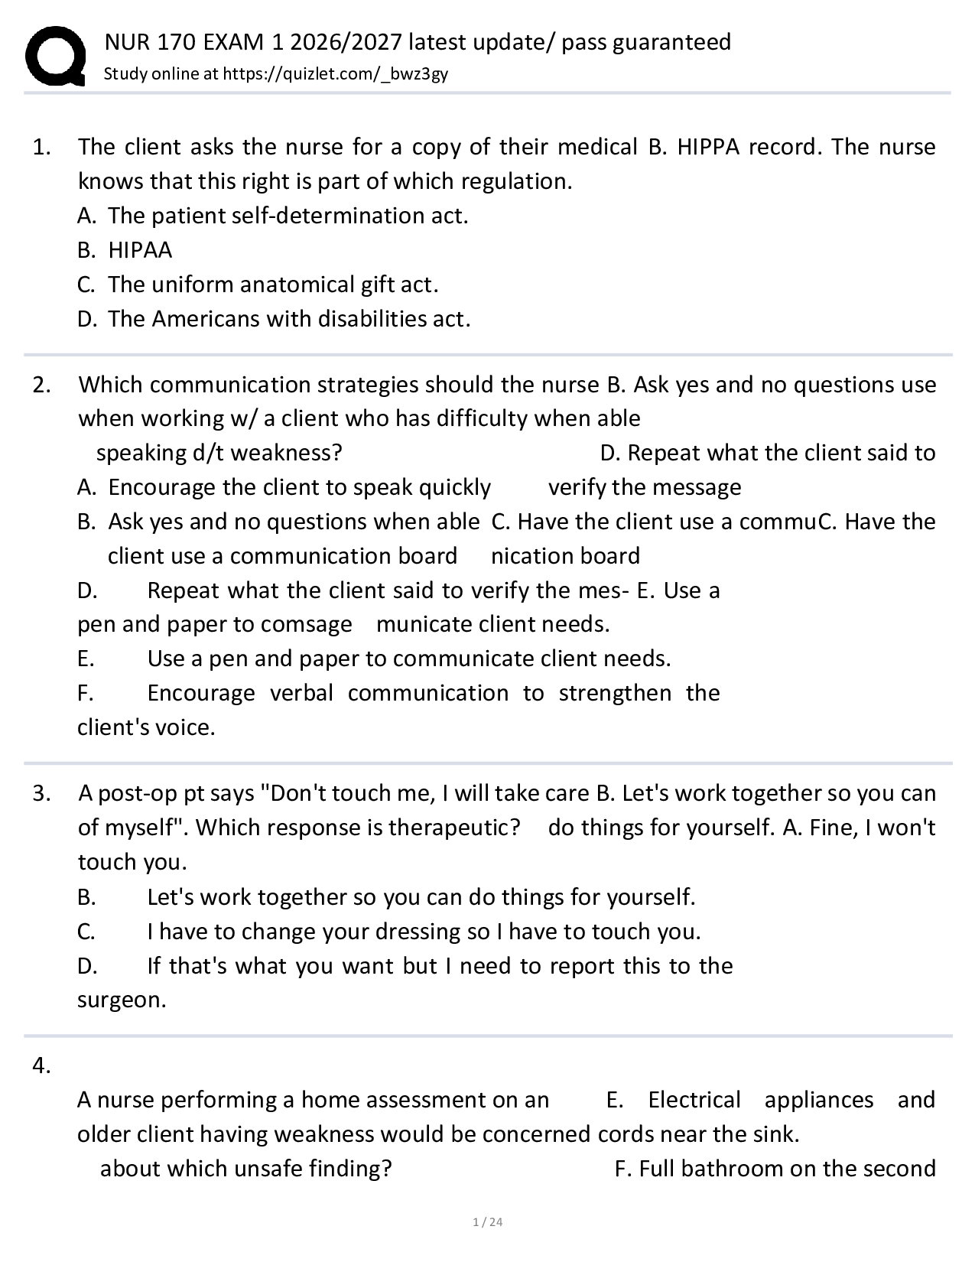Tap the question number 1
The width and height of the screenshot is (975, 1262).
(41, 147)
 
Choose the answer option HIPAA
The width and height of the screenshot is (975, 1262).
(140, 250)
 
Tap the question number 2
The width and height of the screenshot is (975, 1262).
(41, 385)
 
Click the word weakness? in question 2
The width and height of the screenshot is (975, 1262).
(286, 453)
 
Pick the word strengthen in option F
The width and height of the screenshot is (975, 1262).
(614, 693)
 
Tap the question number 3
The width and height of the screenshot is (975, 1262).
(41, 793)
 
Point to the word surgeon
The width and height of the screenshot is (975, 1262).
(121, 1000)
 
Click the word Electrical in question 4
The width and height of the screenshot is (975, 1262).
(694, 1100)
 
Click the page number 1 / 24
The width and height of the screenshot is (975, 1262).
(488, 1222)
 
